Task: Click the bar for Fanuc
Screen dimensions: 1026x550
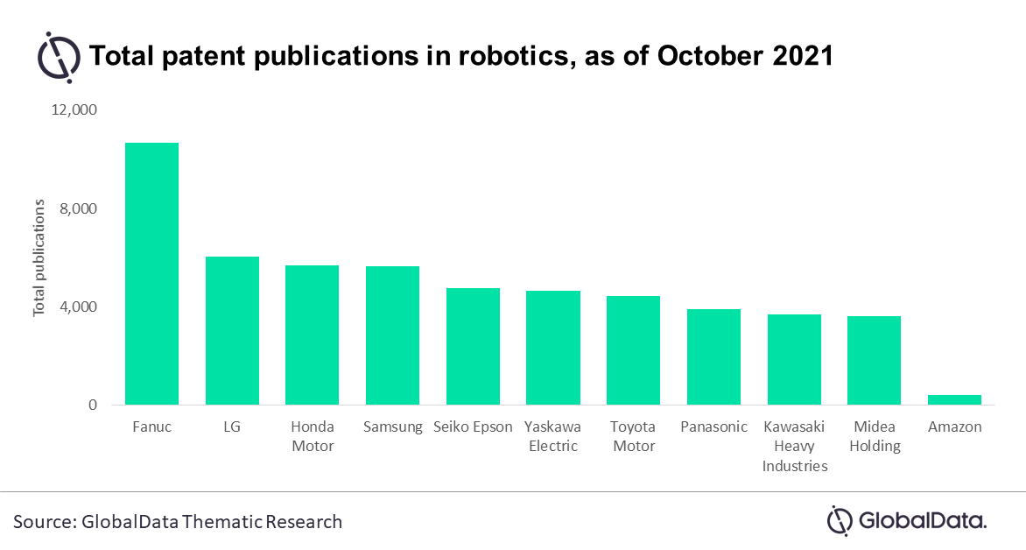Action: [x=151, y=274]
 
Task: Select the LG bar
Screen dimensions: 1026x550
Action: [x=232, y=331]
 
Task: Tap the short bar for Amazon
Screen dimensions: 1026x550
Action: [x=955, y=400]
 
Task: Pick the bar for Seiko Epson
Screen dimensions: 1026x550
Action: [x=473, y=346]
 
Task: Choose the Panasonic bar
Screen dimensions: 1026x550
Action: [x=713, y=356]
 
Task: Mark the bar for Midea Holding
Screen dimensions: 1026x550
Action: [x=875, y=360]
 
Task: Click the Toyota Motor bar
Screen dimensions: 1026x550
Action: [x=634, y=350]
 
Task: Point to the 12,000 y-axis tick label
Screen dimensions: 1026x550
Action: [x=74, y=110]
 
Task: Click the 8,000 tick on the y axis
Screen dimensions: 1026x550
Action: [x=78, y=208]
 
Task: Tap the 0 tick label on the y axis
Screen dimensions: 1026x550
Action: [x=92, y=405]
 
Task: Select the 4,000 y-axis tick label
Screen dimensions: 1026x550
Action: [x=78, y=307]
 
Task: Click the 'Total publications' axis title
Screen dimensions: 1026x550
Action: [x=39, y=258]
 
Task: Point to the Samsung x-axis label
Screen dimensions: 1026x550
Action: [x=392, y=427]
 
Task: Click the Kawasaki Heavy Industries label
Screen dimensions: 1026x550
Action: [x=794, y=447]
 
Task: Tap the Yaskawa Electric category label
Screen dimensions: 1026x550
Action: [x=553, y=437]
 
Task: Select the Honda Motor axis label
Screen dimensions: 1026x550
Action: [x=313, y=437]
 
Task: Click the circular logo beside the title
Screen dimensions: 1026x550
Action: [x=59, y=57]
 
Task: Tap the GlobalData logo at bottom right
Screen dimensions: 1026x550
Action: [x=907, y=521]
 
